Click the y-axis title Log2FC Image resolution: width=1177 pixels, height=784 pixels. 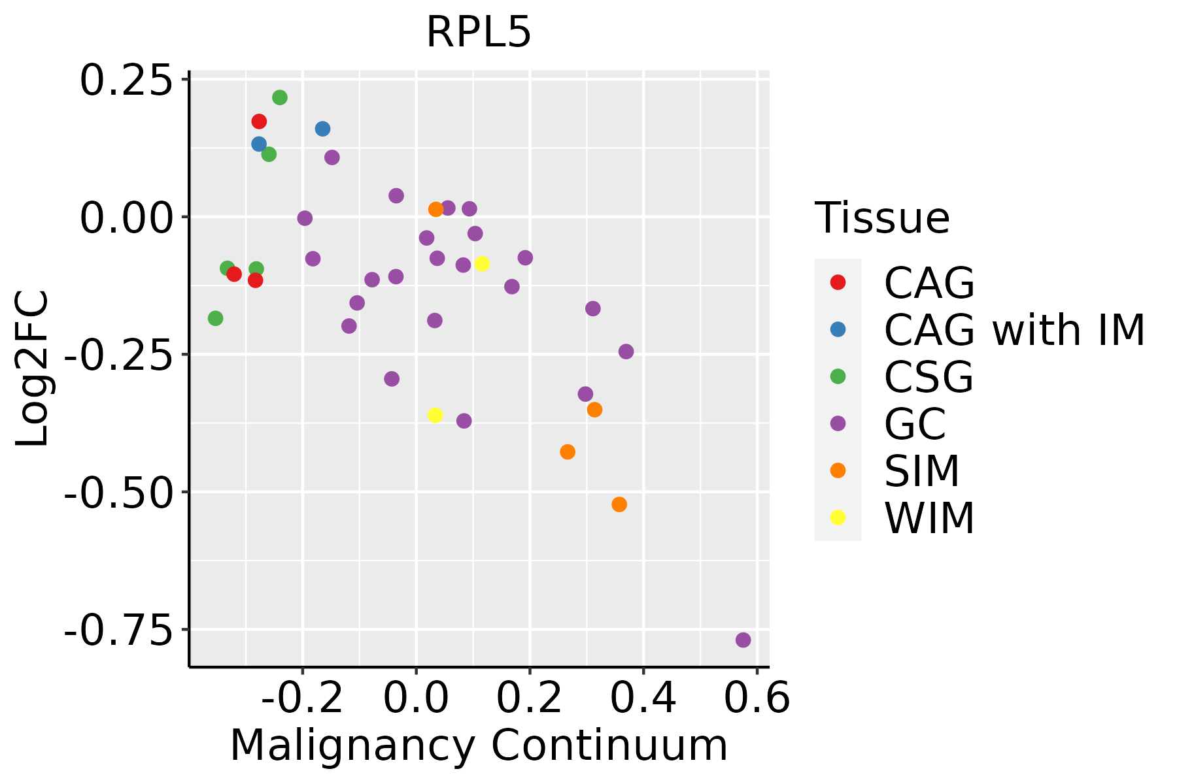pyautogui.click(x=33, y=369)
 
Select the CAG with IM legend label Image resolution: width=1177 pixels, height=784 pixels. pyautogui.click(x=1014, y=331)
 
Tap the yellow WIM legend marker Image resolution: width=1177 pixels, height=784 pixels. pyautogui.click(x=838, y=517)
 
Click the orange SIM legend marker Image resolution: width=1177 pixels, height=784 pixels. pyautogui.click(x=838, y=470)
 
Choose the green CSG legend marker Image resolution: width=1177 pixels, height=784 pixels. pyautogui.click(x=838, y=376)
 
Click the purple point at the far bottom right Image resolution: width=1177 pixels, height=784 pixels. pyautogui.click(x=743, y=640)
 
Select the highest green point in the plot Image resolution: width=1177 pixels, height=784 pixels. pyautogui.click(x=280, y=98)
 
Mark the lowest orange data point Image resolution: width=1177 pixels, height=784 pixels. pyautogui.click(x=619, y=504)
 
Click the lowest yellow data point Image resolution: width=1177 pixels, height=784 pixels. pyautogui.click(x=435, y=416)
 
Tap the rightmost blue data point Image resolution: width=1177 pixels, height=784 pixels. pyautogui.click(x=322, y=129)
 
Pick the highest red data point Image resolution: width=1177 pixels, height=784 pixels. pyautogui.click(x=259, y=122)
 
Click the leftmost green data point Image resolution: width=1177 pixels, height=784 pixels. pyautogui.click(x=215, y=318)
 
